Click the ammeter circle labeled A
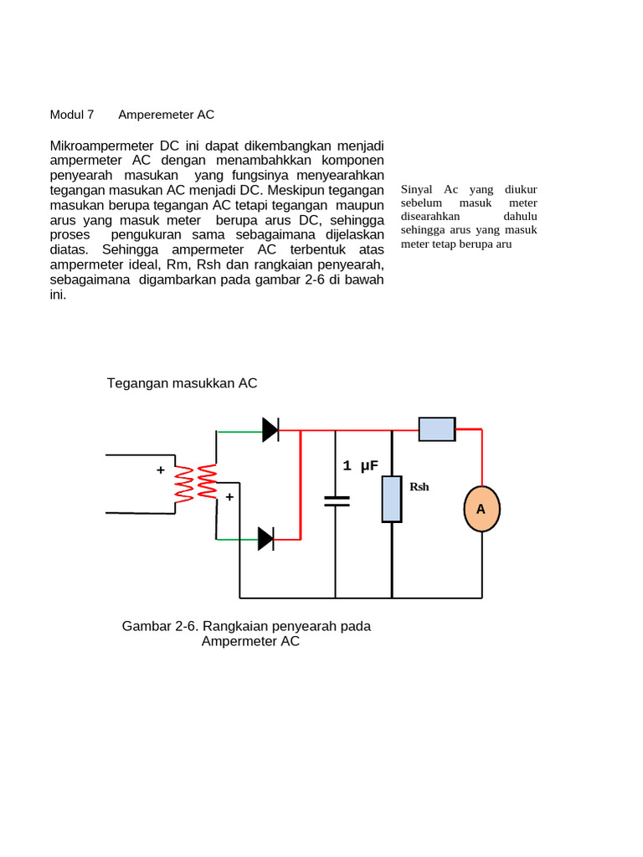point(481,509)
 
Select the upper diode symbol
point(270,430)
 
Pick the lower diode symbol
point(265,539)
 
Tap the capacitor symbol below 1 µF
point(337,500)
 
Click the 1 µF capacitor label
point(361,466)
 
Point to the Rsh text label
point(419,486)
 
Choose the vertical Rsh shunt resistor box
point(392,499)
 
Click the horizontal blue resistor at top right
point(437,429)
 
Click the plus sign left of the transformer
point(160,470)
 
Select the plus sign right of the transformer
point(229,496)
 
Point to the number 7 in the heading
point(90,115)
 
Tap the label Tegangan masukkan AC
point(182,383)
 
